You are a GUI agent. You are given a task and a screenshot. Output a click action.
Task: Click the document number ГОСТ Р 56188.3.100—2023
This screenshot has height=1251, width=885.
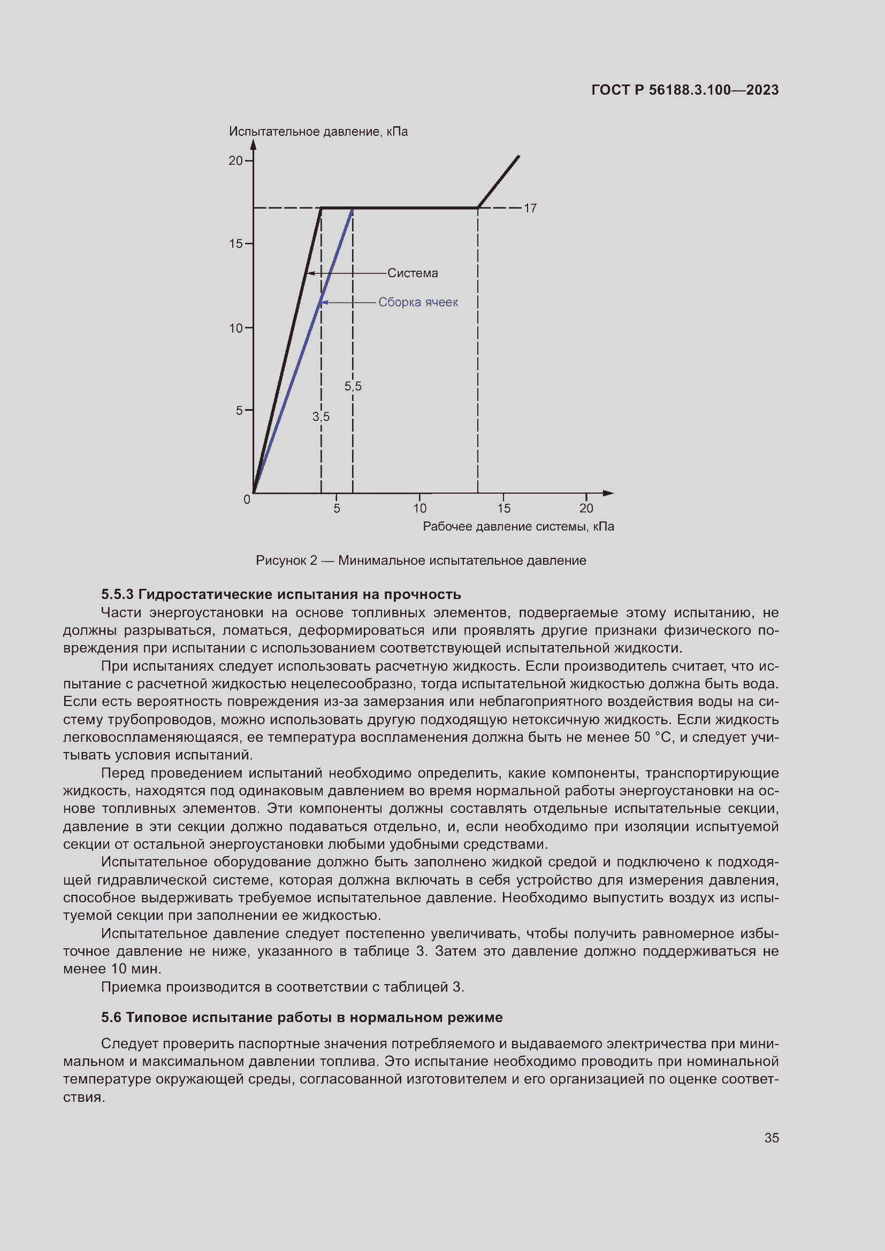point(684,90)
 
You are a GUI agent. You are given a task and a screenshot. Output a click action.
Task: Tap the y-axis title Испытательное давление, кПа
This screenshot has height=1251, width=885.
point(318,132)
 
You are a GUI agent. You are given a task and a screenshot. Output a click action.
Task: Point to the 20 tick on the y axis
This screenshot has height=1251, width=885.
point(235,161)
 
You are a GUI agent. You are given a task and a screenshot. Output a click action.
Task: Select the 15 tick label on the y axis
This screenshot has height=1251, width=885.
point(235,243)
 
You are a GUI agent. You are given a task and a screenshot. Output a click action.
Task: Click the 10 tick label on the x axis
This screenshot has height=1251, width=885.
point(419,508)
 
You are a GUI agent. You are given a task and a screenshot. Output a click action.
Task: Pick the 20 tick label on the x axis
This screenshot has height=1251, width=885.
point(586,508)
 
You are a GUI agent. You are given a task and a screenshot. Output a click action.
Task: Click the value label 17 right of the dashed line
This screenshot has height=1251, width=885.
point(530,208)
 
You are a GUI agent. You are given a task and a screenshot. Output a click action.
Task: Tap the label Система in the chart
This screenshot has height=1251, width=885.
point(413,273)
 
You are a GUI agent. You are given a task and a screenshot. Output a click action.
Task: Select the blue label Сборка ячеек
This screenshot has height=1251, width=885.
point(418,302)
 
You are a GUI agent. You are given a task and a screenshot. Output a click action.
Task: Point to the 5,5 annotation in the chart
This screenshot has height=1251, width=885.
point(353,386)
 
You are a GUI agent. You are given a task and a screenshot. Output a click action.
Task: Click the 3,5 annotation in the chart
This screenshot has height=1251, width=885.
point(321,417)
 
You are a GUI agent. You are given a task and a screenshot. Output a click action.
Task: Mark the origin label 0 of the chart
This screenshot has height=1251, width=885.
point(247,500)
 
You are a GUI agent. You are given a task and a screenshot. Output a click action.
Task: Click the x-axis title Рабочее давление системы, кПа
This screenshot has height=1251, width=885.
point(518,526)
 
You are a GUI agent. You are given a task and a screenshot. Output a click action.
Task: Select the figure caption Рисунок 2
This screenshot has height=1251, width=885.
point(421,560)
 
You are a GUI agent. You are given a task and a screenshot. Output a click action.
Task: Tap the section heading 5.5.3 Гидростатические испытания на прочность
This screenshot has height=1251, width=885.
point(281,594)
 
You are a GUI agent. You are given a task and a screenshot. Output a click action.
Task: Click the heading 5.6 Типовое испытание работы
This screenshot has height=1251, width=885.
point(302,1017)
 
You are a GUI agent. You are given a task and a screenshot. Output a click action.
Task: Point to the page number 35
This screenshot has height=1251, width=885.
point(771,1138)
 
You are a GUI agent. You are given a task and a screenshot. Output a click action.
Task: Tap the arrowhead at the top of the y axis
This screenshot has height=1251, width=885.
point(254,144)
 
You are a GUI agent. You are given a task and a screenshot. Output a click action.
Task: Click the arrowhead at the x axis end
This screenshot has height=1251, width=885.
point(608,493)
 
